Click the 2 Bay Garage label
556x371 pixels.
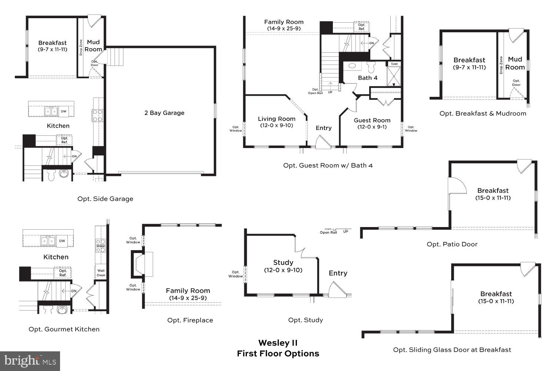[x=164, y=113]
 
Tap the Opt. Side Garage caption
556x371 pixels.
[x=105, y=199]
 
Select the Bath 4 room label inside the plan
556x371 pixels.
[x=367, y=78]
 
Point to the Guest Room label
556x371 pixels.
[x=372, y=120]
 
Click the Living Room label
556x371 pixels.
[x=277, y=119]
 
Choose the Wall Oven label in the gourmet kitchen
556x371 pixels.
[x=101, y=273]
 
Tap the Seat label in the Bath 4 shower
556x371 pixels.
[x=394, y=64]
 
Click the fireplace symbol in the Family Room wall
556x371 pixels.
[x=141, y=264]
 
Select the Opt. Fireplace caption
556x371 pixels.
[x=190, y=320]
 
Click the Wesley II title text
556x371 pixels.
[x=278, y=343]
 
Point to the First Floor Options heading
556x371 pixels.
[x=278, y=354]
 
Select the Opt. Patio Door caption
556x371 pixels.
[x=452, y=244]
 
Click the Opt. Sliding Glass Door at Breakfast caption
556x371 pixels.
[x=452, y=349]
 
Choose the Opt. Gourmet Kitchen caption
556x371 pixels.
[x=64, y=329]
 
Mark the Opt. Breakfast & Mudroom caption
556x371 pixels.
[x=483, y=114]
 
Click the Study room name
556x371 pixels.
[x=283, y=263]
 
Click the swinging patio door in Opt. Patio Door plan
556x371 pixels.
[x=457, y=185]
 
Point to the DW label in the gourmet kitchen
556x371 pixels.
[x=62, y=241]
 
